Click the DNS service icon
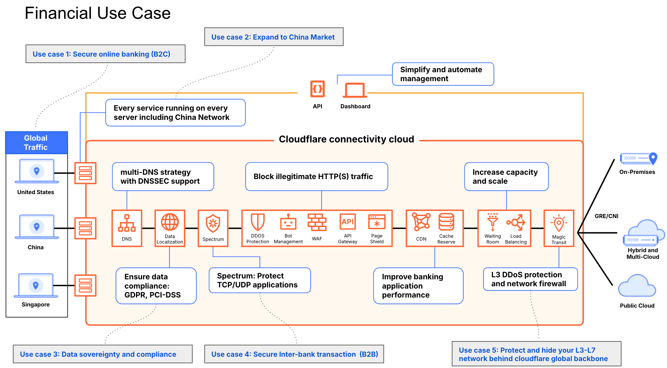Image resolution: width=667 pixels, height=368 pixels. pos(127,223)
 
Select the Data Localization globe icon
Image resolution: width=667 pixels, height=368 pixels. pos(170,222)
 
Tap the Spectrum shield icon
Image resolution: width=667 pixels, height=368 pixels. pos(213,223)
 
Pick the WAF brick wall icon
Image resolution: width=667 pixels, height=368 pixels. pos(317,222)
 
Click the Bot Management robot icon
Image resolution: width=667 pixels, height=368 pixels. pos(288,222)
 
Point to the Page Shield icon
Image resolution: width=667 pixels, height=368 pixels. pos(377,222)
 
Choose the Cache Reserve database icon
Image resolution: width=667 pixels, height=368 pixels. pos(446,222)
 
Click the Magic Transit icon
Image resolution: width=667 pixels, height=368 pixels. pos(559,223)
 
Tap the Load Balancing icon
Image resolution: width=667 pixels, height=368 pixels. pos(516,222)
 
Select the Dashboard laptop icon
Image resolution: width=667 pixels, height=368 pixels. pos(355,90)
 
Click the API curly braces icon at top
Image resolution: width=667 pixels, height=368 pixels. pos(318,89)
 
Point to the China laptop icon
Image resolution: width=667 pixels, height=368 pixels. pos(37,227)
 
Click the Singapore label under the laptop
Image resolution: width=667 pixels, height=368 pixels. pos(36,304)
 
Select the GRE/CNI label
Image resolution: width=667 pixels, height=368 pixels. pos(606,216)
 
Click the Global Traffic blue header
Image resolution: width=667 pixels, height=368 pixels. pos(37,143)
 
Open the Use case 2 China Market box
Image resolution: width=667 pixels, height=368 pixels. pos(274,37)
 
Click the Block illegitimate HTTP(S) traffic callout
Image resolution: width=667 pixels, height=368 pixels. pos(316,176)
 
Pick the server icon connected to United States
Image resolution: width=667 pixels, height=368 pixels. pos(85,173)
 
